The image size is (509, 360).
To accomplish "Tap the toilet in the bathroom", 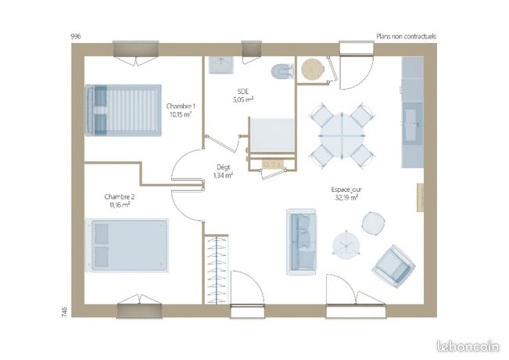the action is pos(282,71).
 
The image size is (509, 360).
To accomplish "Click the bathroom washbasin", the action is pos(221,65).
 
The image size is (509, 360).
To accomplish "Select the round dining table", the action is pos(342,135).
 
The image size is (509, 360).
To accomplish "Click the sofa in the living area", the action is pos(301,242).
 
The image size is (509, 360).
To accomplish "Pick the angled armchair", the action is pos(393,266).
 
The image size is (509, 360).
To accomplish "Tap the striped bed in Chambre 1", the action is pos(123,110).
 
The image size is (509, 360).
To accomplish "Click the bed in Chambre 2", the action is pos(127,245).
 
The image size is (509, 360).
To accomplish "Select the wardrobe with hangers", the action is pos(217,269).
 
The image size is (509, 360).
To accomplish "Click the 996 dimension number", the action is pos(76,36).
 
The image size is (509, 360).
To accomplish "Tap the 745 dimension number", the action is pos(64,312).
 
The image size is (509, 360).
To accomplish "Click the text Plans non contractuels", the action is pos(406,36).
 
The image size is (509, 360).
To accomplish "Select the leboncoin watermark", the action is pos(468,347).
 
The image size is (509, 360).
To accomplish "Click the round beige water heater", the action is pos(313,69).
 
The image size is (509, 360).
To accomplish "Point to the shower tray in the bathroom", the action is pos(272,135).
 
